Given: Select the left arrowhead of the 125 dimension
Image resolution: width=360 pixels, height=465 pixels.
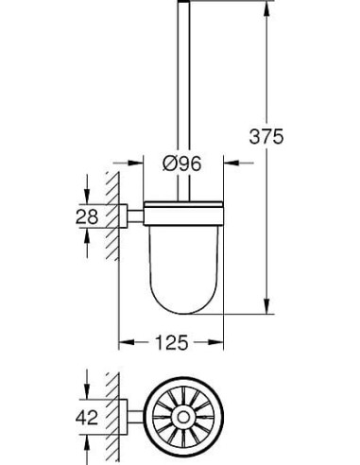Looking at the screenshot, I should (x=123, y=338).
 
